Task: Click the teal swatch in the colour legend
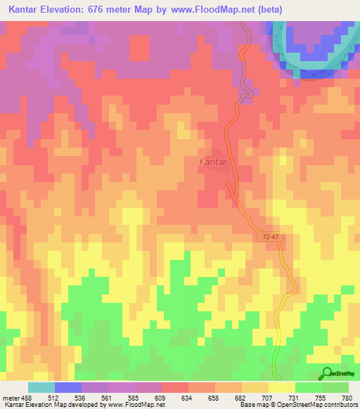41,387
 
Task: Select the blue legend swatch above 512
68,387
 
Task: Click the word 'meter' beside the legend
10,396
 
